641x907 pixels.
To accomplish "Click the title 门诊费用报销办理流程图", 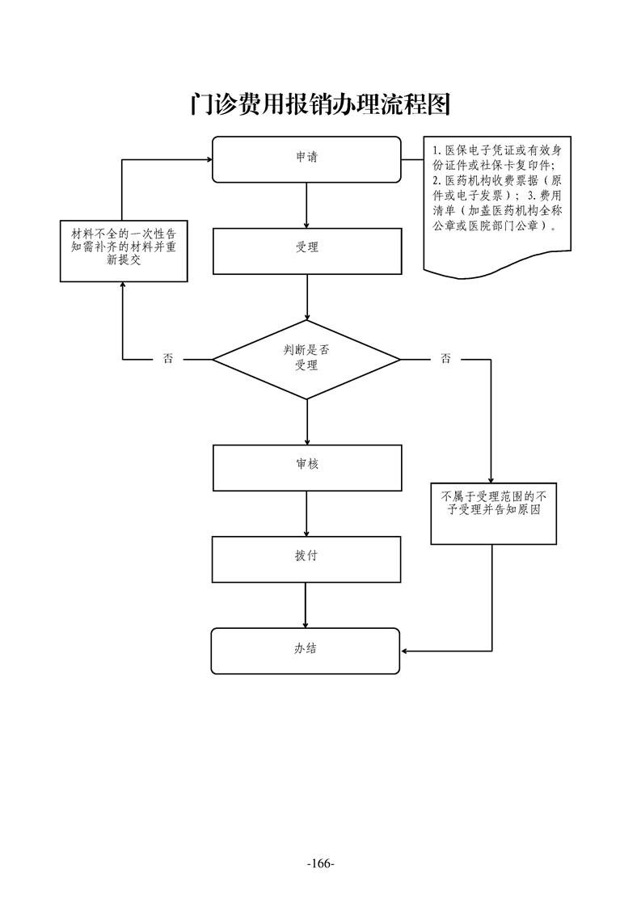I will click(320, 104).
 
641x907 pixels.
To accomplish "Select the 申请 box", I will click(306, 158).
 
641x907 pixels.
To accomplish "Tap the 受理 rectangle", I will click(307, 251).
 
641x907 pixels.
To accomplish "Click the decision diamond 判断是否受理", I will click(306, 358).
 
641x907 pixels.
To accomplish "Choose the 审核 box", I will click(307, 466).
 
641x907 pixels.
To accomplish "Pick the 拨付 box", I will click(306, 559).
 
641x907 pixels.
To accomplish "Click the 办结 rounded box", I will click(306, 650).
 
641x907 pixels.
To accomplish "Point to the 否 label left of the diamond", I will click(168, 359).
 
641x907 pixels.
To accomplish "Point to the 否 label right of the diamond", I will click(445, 359).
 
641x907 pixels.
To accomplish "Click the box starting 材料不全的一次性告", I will click(124, 251).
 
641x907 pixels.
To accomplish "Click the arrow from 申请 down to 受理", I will click(307, 205).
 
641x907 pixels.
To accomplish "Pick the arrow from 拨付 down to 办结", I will click(306, 605).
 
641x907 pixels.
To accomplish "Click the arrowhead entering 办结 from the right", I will click(405, 650).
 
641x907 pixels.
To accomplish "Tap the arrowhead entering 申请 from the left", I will click(207, 159).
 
